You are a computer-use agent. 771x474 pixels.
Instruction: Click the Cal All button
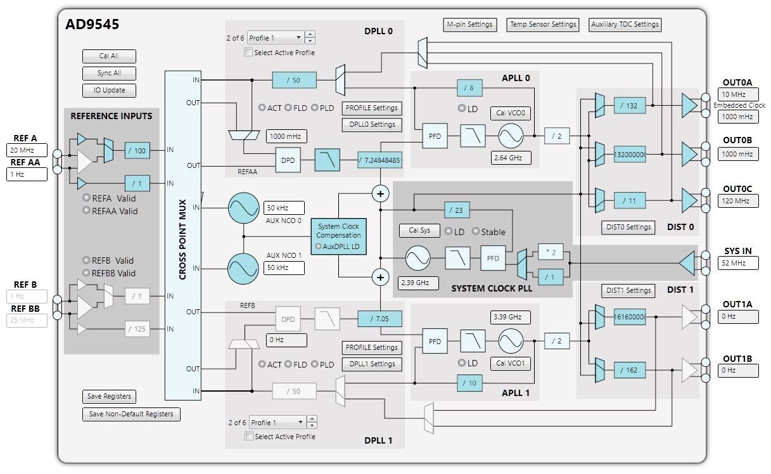pyautogui.click(x=109, y=56)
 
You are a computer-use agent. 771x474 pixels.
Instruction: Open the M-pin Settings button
pyautogui.click(x=470, y=25)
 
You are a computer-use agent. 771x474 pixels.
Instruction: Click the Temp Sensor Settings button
pyautogui.click(x=543, y=25)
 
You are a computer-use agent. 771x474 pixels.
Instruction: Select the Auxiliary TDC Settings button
pyautogui.click(x=625, y=25)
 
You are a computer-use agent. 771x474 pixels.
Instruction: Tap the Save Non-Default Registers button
pyautogui.click(x=131, y=414)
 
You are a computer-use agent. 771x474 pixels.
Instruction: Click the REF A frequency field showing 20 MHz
pyautogui.click(x=27, y=150)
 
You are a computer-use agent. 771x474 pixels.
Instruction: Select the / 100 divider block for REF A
pyautogui.click(x=137, y=150)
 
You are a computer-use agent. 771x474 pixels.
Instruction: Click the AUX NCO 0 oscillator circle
pyautogui.click(x=243, y=208)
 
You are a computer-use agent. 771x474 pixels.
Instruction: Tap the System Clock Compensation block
pyautogui.click(x=338, y=236)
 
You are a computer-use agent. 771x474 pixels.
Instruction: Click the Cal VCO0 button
pyautogui.click(x=511, y=113)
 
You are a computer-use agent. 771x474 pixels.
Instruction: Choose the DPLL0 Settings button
pyautogui.click(x=372, y=125)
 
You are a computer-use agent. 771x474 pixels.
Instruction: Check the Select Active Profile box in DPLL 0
pyautogui.click(x=248, y=53)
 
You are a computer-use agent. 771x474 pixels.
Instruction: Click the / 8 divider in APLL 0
pyautogui.click(x=469, y=88)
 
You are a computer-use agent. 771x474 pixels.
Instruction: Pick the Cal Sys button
pyautogui.click(x=419, y=230)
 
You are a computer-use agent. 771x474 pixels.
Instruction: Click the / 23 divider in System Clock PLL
pyautogui.click(x=457, y=210)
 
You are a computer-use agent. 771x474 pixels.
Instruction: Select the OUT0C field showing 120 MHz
pyautogui.click(x=738, y=201)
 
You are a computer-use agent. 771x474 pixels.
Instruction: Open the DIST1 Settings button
pyautogui.click(x=628, y=290)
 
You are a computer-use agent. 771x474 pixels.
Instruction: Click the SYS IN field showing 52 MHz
pyautogui.click(x=738, y=263)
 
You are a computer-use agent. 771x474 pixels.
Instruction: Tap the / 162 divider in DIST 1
pyautogui.click(x=630, y=370)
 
